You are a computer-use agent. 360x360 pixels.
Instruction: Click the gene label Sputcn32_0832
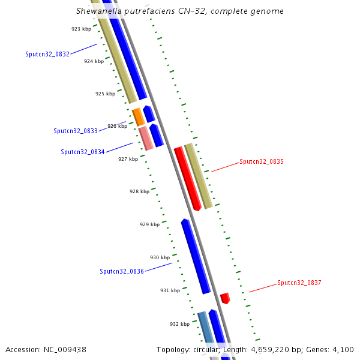(47, 54)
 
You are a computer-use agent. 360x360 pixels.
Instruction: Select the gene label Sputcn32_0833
(76, 131)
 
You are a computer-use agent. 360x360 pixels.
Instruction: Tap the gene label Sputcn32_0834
(83, 152)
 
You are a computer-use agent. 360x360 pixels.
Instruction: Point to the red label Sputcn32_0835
(262, 161)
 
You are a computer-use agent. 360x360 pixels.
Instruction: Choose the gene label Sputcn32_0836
(122, 271)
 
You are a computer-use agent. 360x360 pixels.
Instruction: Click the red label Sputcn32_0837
(299, 283)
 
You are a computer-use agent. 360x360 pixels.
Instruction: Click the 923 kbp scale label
(81, 29)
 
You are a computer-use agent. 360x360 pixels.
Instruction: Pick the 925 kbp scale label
(105, 94)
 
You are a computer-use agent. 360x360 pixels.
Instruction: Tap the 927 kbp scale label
(128, 159)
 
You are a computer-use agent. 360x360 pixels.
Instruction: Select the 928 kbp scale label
(139, 191)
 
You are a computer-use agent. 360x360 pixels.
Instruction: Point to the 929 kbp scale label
(149, 224)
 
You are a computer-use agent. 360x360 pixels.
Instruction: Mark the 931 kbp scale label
(170, 290)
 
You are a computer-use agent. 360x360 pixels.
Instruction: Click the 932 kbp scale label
(179, 324)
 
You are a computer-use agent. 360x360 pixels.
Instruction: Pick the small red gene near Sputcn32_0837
(225, 298)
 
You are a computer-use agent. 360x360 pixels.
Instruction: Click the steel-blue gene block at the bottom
(205, 327)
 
